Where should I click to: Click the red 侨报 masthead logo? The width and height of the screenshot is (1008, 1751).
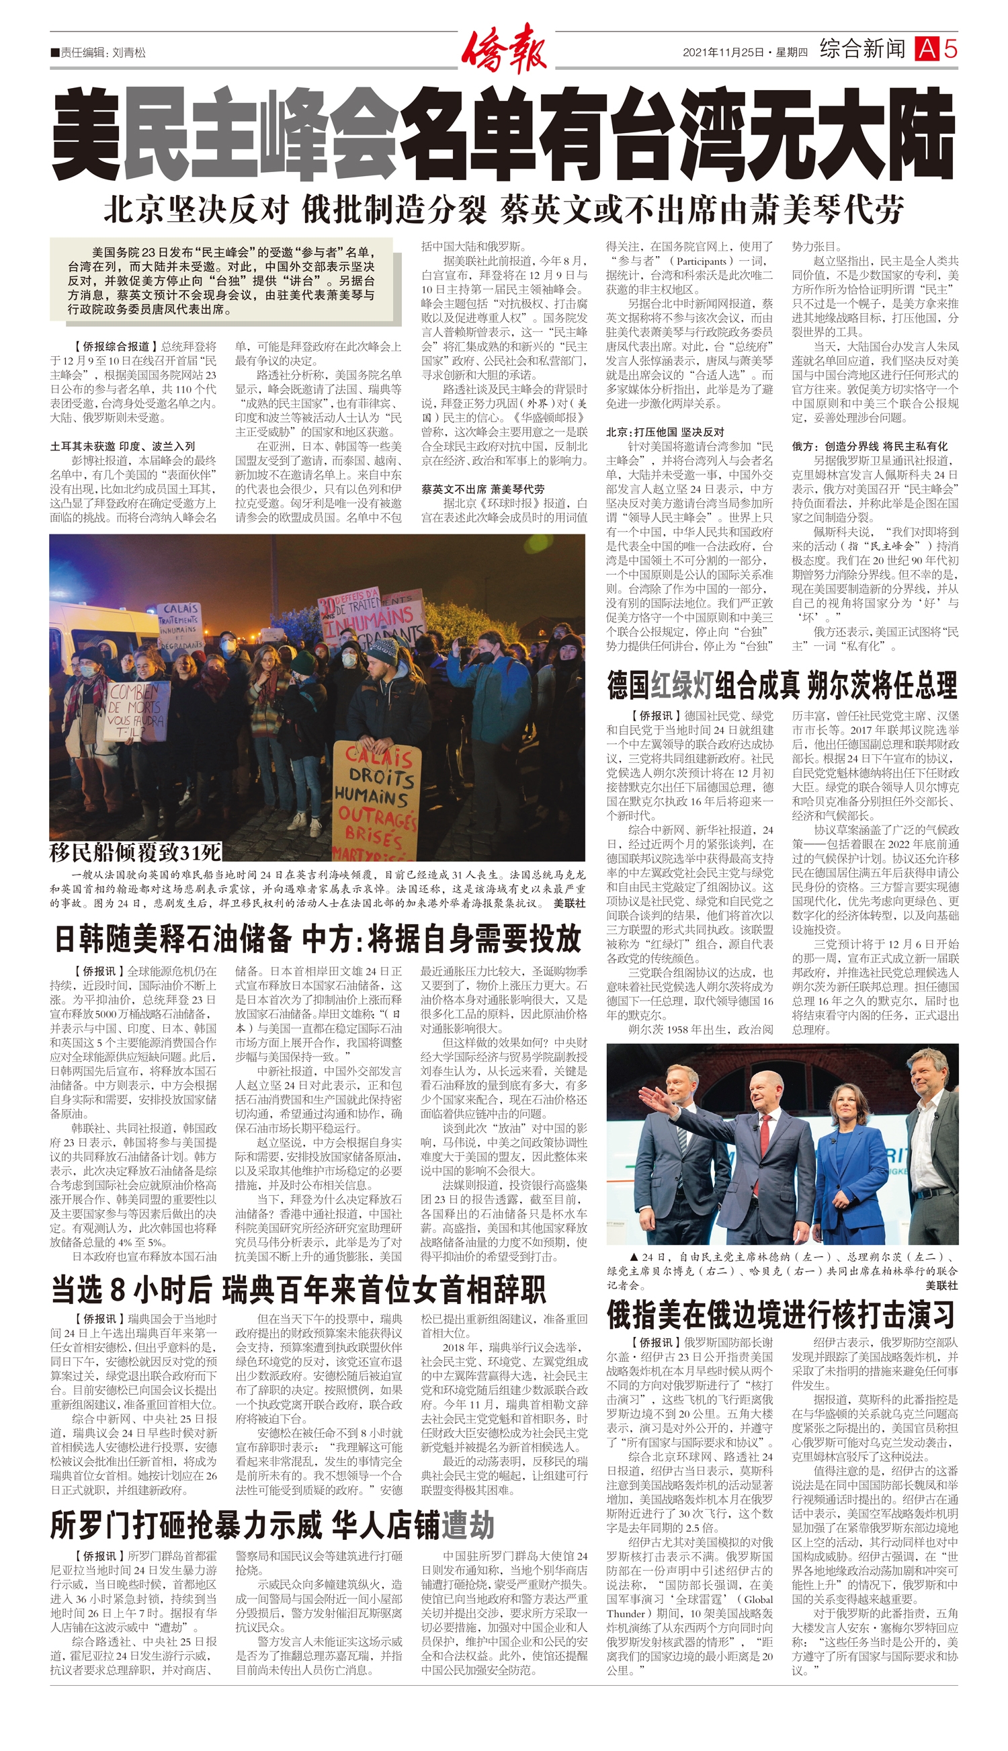[504, 48]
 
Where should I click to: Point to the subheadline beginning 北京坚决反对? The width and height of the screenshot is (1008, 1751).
[503, 209]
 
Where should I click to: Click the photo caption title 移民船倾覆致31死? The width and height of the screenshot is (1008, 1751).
[136, 851]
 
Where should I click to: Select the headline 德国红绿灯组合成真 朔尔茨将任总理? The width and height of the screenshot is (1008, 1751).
[782, 684]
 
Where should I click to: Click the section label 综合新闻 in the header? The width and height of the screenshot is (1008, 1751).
[862, 49]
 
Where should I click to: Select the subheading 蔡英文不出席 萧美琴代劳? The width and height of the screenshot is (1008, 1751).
[482, 489]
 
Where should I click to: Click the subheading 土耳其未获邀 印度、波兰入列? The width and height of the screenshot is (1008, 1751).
[122, 446]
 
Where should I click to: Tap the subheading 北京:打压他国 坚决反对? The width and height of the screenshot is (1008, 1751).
[665, 432]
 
